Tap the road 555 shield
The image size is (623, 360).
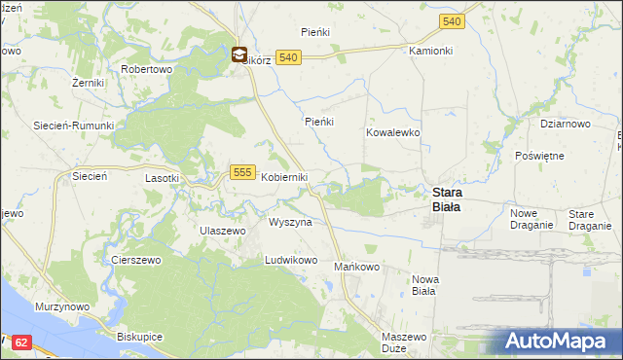coord(243,172)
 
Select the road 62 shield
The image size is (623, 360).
coord(23,342)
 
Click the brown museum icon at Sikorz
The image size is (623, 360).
coord(238,57)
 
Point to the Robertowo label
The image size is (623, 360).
coord(146,70)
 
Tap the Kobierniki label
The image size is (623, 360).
coord(284,177)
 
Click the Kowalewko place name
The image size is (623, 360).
coord(392,131)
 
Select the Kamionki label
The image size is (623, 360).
coord(431,50)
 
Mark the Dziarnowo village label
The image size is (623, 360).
coord(566,124)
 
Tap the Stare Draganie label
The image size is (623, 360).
coord(588,219)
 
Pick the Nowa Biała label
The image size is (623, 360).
coord(425,285)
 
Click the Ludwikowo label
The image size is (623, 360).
coord(292,261)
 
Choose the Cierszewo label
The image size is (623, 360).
coord(135,261)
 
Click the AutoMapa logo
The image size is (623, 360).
coord(559,342)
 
